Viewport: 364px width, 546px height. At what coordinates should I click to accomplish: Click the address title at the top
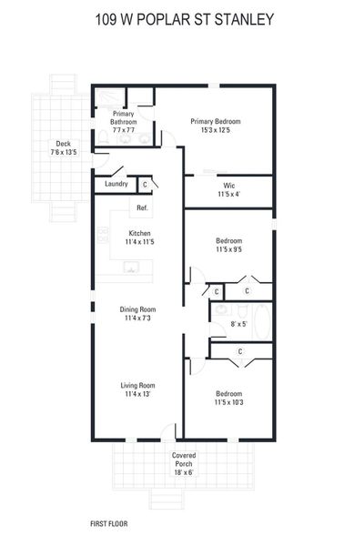tap(182, 18)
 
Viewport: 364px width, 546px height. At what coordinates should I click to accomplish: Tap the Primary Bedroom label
tap(221, 121)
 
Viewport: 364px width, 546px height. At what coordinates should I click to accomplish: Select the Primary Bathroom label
tap(124, 117)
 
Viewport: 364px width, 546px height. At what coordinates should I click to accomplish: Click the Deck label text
tap(63, 143)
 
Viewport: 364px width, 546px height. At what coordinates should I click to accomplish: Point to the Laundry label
tap(116, 184)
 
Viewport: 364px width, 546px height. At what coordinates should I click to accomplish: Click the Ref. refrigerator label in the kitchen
tap(142, 208)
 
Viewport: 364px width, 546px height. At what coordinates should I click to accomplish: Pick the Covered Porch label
tap(184, 459)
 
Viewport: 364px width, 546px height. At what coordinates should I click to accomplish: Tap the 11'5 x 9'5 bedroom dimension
tap(228, 248)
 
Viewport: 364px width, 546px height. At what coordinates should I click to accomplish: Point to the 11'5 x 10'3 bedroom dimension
tap(228, 402)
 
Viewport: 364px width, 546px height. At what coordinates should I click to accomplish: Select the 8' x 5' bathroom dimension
tap(238, 323)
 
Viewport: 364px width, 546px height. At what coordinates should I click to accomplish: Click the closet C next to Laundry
tap(145, 184)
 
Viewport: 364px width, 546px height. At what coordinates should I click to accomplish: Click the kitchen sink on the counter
tap(131, 269)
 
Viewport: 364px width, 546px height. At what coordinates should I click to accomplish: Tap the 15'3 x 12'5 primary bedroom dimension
tap(221, 130)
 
